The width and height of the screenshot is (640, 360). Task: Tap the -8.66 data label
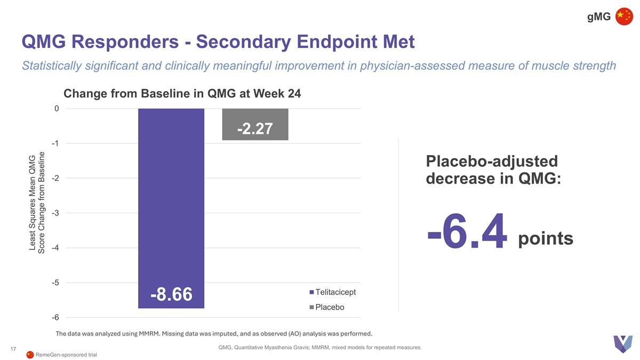171,294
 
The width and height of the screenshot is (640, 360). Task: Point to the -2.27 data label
255,129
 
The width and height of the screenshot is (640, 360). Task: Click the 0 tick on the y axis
56,109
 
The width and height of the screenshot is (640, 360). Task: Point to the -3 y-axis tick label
54,213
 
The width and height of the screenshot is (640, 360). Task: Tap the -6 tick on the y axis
54,317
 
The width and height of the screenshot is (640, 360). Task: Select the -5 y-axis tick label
54,283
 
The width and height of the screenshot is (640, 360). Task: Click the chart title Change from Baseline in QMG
182,94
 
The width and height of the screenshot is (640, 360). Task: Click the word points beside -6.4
546,239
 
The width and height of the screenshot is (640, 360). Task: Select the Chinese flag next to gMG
624,17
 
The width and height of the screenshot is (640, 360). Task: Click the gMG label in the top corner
599,17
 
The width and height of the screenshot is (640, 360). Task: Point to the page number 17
14,349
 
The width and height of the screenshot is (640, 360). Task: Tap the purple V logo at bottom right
622,343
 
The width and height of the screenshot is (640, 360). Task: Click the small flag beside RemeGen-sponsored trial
30,355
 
